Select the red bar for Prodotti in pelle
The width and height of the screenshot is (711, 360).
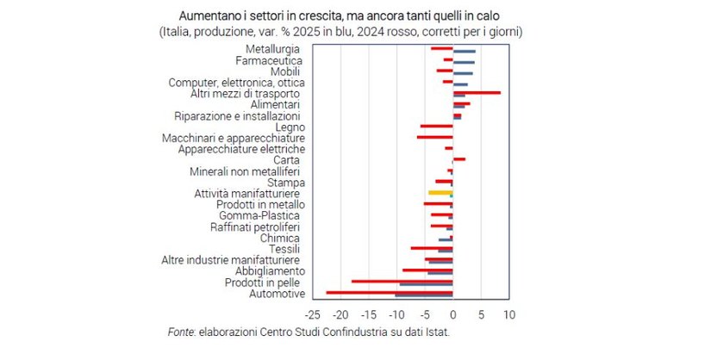pos(402,281)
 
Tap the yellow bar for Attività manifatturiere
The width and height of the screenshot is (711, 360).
pos(440,193)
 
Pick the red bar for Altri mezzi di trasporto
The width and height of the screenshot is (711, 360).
pos(477,92)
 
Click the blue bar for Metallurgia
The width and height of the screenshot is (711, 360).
pos(464,52)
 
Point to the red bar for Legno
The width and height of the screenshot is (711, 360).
pos(436,127)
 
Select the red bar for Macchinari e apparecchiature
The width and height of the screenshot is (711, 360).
pos(434,137)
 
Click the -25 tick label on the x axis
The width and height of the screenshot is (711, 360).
pos(314,314)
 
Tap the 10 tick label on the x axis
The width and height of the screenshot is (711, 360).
pos(509,314)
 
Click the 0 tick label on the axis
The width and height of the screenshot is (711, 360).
pos(453,314)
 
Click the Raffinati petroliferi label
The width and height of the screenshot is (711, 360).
pos(255,227)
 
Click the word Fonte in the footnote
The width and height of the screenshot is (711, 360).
pos(181,332)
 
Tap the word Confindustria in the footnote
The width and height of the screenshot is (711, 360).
pos(343,332)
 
